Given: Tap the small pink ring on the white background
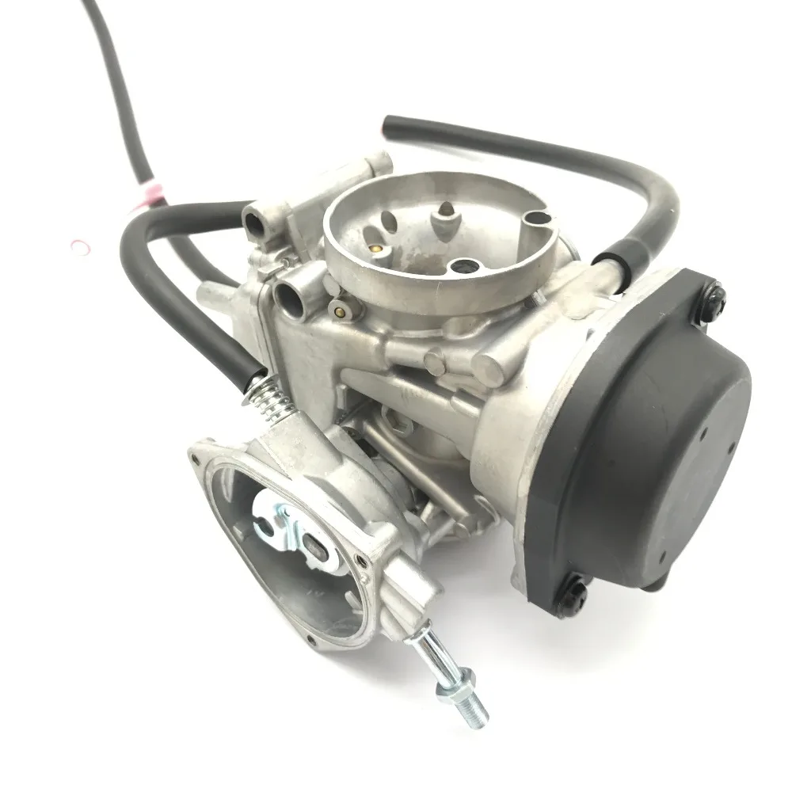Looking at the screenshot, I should [x=80, y=247].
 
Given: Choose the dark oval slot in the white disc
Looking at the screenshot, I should [x=314, y=546].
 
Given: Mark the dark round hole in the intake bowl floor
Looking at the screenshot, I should [x=460, y=266].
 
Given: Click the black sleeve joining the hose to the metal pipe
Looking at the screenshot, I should [x=611, y=259].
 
